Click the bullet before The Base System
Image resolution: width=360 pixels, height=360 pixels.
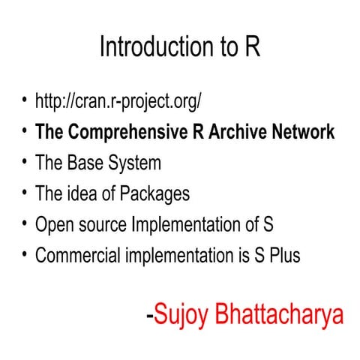pos(25,160)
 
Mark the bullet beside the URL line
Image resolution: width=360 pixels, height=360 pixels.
pos(25,99)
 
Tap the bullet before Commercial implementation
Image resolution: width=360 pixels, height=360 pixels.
pos(25,253)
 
